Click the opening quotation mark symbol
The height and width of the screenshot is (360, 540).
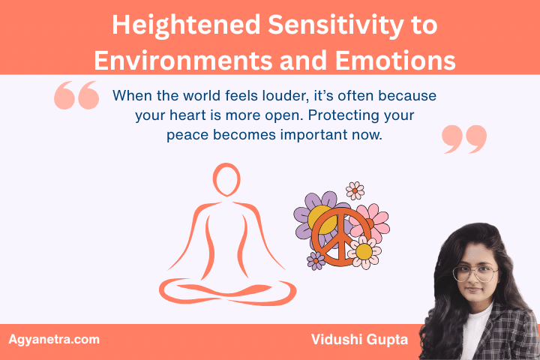click(76, 96)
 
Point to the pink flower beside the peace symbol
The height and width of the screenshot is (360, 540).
click(372, 219)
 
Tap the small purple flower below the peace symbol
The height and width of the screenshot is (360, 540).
click(316, 260)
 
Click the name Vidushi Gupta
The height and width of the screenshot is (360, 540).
click(359, 340)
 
